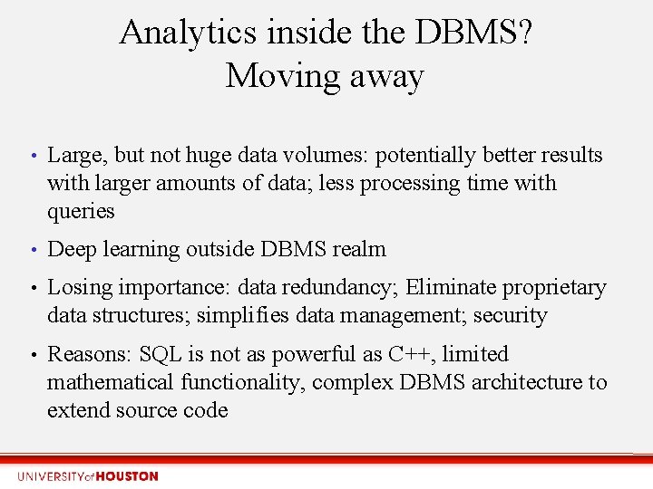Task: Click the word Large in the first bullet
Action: (73, 156)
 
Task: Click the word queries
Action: (81, 212)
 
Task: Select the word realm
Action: (360, 250)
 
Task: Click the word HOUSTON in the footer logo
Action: (127, 476)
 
